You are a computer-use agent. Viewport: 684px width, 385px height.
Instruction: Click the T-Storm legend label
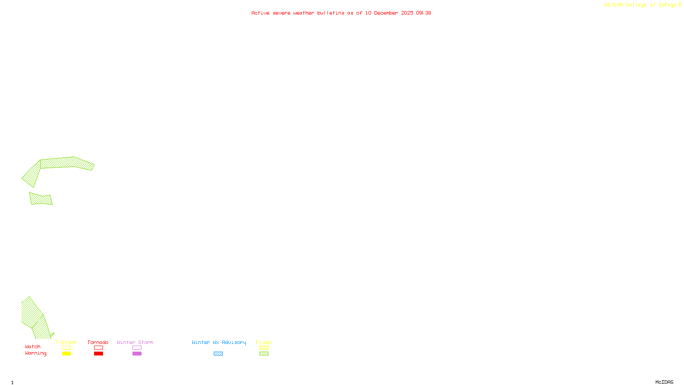pos(66,342)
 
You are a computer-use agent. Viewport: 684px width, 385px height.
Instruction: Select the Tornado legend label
pos(98,342)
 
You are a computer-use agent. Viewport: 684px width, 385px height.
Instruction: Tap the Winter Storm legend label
pos(135,342)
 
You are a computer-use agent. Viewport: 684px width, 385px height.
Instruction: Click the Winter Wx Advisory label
pos(219,342)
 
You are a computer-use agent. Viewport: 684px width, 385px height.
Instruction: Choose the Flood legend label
pos(264,342)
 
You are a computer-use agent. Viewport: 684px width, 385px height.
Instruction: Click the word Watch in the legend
pos(33,346)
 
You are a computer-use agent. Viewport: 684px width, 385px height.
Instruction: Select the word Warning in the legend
pos(36,353)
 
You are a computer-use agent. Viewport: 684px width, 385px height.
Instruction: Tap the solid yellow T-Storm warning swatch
pos(66,354)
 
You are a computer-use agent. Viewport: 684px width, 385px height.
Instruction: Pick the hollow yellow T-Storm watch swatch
pos(66,348)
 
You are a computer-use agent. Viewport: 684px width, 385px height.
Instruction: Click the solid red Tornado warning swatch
pos(98,354)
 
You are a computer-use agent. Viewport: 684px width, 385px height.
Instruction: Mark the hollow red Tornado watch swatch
pos(98,348)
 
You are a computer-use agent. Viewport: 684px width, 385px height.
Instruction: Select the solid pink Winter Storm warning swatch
pos(137,354)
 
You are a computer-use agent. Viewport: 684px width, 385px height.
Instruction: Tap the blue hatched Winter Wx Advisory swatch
pos(218,354)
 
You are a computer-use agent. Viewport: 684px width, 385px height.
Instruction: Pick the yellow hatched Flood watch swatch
pos(264,348)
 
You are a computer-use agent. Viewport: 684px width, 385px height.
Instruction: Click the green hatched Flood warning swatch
pos(264,354)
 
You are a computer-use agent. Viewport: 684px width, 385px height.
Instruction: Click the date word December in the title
pos(386,13)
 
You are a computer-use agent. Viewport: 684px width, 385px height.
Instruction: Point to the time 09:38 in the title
pos(423,13)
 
